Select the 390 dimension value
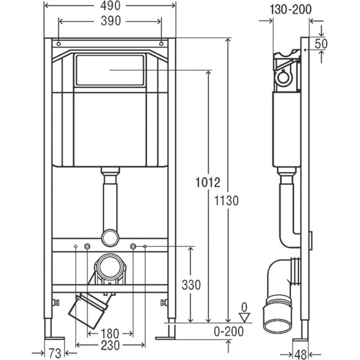pyautogui.click(x=109, y=22)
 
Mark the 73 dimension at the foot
pyautogui.click(x=55, y=353)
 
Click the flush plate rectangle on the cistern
pyautogui.click(x=109, y=70)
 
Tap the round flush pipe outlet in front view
pyautogui.click(x=109, y=236)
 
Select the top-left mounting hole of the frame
pyautogui.click(x=56, y=45)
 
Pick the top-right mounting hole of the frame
pyautogui.click(x=162, y=45)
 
